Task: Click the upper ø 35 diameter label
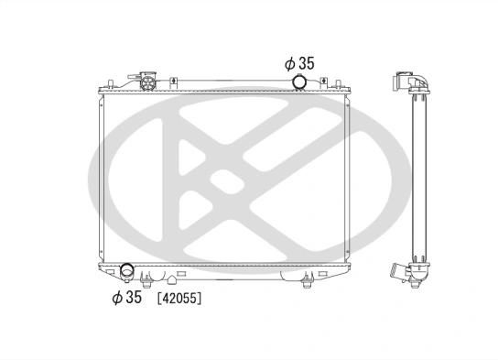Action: coord(300,63)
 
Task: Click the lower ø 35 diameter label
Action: coord(127,297)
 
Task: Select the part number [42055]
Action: coord(179,298)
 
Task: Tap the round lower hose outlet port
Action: coord(127,272)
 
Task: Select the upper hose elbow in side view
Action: coord(409,82)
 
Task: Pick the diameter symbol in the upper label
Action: coord(288,63)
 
